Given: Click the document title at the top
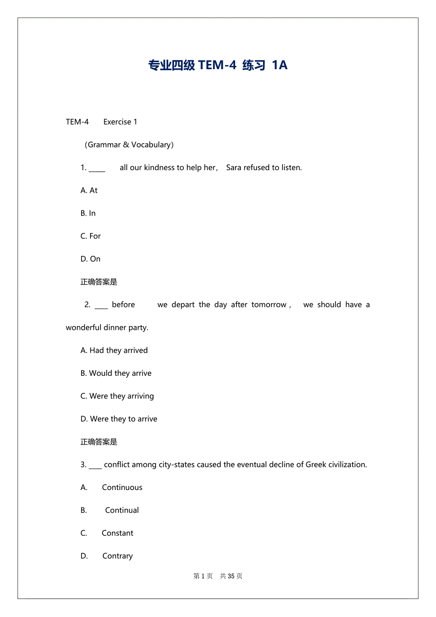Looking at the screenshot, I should [218, 65].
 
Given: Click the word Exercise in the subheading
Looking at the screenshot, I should [118, 122].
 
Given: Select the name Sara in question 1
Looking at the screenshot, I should [234, 167].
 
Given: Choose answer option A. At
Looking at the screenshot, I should [89, 190].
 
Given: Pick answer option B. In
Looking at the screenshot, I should [88, 213].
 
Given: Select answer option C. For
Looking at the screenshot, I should [91, 236].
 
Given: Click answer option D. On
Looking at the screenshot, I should [91, 259].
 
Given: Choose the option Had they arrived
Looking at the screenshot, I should [114, 350].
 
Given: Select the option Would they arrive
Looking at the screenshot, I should [116, 373].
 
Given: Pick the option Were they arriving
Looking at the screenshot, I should [117, 396].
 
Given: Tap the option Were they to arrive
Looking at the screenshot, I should [119, 419].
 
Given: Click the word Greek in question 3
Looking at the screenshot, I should [316, 464].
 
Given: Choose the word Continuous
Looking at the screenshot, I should [122, 487].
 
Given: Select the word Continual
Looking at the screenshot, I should [122, 510].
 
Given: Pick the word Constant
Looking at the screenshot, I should [118, 533].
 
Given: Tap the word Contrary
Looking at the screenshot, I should [118, 556].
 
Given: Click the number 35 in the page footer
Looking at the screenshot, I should [231, 576].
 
